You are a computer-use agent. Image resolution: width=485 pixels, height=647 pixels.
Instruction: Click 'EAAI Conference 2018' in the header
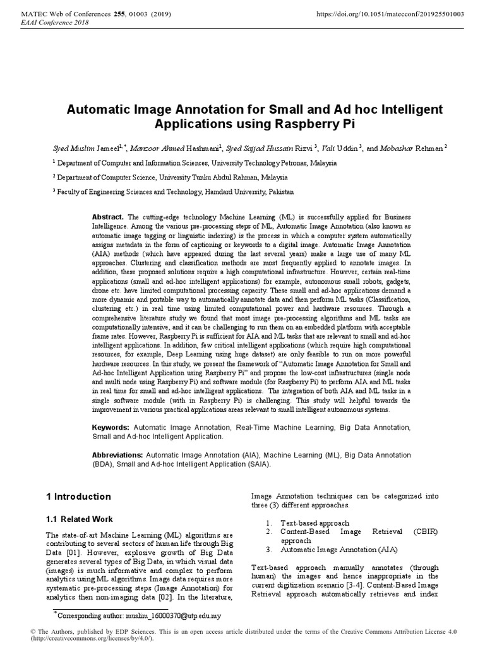click(x=55, y=22)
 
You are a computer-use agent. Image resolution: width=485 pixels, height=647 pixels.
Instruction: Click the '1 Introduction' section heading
click(x=78, y=497)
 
